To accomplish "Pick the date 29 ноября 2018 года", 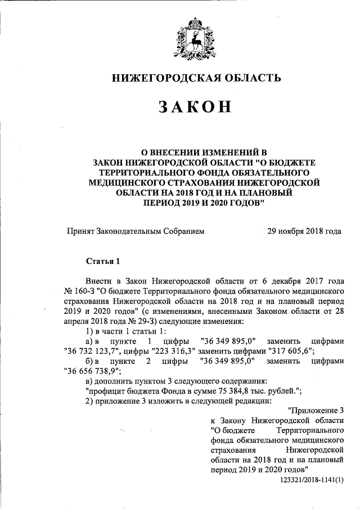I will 304,231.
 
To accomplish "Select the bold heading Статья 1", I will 103,261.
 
